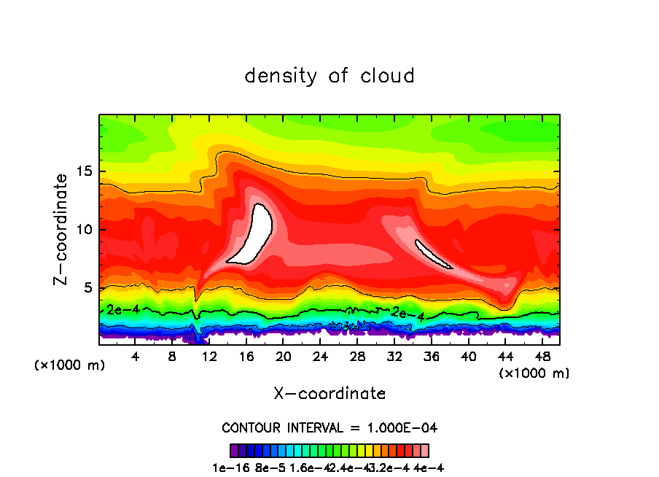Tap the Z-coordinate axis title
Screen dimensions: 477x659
tap(63, 229)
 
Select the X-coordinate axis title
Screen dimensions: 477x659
tap(329, 393)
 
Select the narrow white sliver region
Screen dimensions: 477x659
tap(432, 254)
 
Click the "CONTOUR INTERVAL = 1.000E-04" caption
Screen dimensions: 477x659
tap(329, 427)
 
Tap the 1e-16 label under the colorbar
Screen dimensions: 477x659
tap(227, 468)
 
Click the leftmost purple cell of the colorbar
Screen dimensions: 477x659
tap(234, 450)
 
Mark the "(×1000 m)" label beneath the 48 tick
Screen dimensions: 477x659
tap(534, 373)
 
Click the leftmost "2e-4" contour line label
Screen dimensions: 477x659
tap(122, 309)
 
